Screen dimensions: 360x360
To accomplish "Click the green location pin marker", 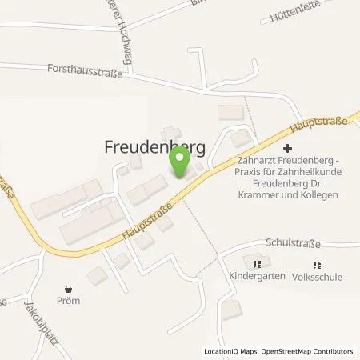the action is [180, 163].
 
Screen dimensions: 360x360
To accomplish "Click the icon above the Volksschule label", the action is [318, 263].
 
